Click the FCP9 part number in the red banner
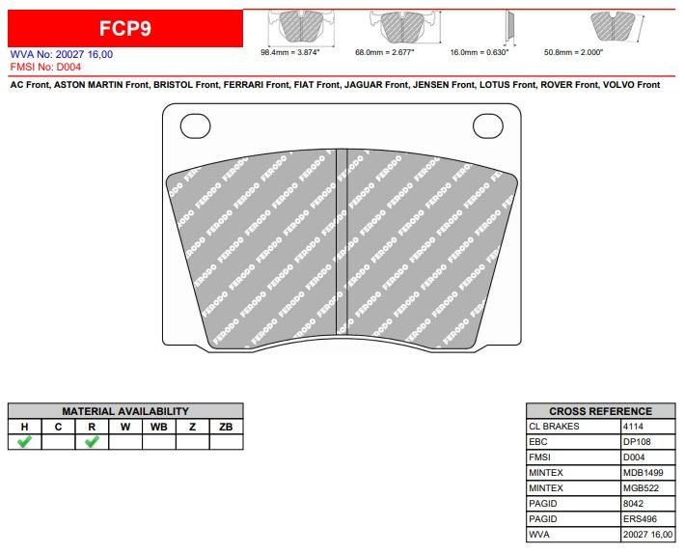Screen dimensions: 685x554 click(x=125, y=28)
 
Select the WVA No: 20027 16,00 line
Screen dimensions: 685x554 click(x=62, y=54)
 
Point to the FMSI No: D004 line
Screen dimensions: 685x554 click(x=45, y=67)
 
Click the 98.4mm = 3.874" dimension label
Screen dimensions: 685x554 click(x=290, y=52)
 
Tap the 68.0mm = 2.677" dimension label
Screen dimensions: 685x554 click(x=384, y=52)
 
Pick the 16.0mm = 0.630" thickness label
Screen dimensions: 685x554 click(x=479, y=52)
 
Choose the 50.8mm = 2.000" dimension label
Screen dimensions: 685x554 click(x=573, y=52)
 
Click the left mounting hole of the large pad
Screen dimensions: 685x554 click(x=195, y=125)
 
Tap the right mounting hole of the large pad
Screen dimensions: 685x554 click(x=488, y=125)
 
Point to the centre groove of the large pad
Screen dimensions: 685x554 click(x=342, y=241)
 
